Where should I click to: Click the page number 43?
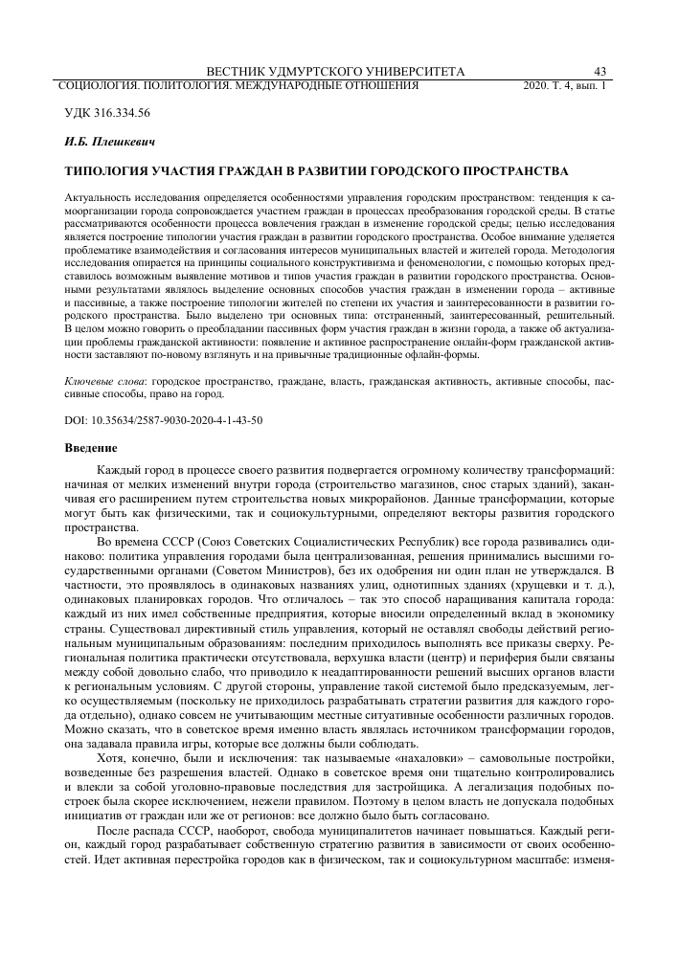[602, 72]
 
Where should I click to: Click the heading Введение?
[90, 447]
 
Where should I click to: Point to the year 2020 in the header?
[537, 85]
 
